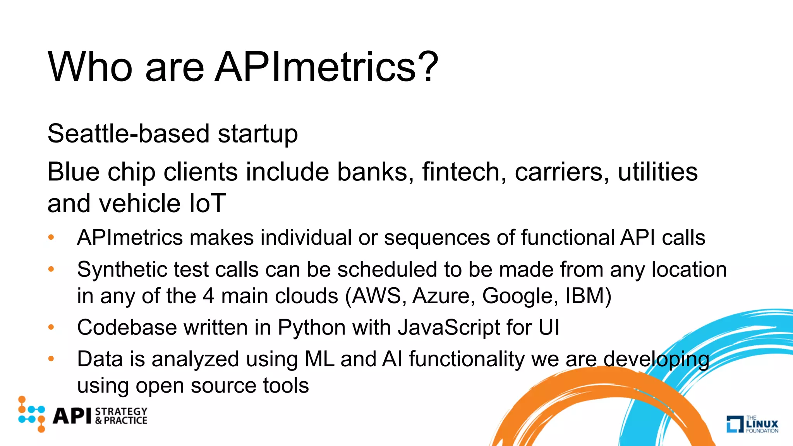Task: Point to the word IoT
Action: pos(208,203)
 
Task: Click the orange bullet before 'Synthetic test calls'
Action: pos(51,269)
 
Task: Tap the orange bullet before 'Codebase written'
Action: pos(51,327)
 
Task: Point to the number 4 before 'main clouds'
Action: pos(208,296)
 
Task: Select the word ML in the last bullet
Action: pos(319,359)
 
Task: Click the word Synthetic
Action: pos(122,270)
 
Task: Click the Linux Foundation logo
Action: pos(752,424)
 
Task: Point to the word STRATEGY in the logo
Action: pos(121,411)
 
